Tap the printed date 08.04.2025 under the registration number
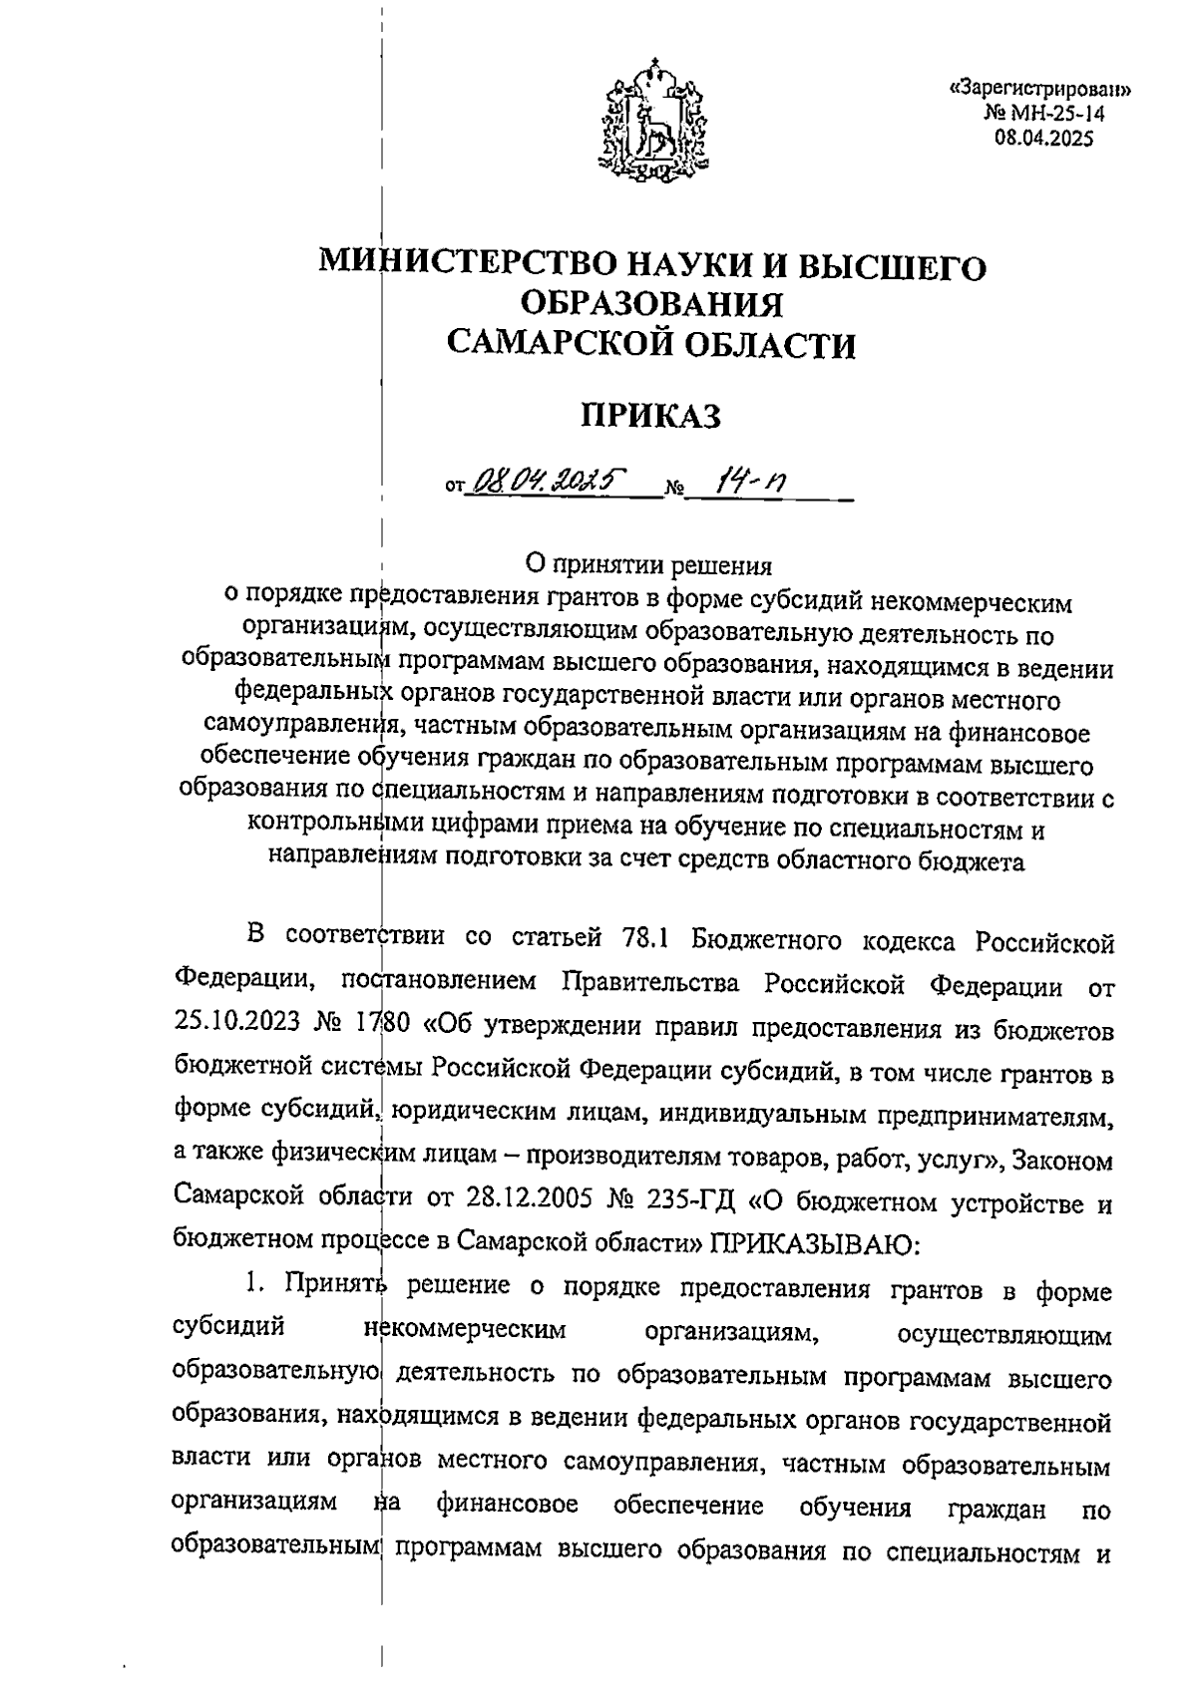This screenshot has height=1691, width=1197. tap(1044, 139)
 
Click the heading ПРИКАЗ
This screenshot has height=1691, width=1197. tap(651, 416)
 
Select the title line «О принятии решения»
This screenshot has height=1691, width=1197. tap(649, 566)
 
